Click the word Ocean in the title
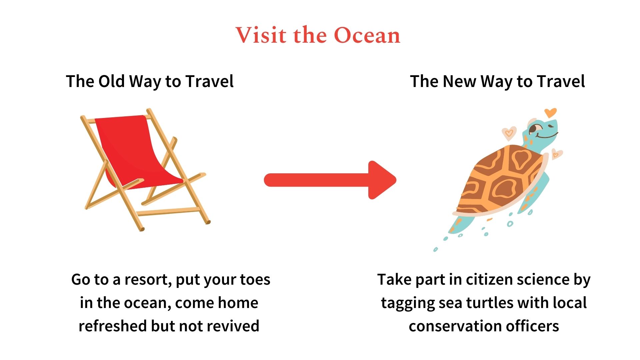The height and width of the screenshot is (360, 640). (x=367, y=35)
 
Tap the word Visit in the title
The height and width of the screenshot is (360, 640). (x=261, y=35)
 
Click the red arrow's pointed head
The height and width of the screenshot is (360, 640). (x=383, y=180)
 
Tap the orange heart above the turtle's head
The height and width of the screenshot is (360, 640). (x=550, y=113)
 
